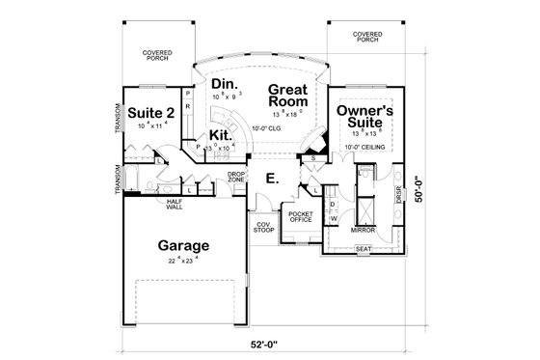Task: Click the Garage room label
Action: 184,245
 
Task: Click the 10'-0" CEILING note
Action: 367,147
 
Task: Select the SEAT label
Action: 364,249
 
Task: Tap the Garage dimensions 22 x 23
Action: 184,259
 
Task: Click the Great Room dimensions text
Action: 287,112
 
